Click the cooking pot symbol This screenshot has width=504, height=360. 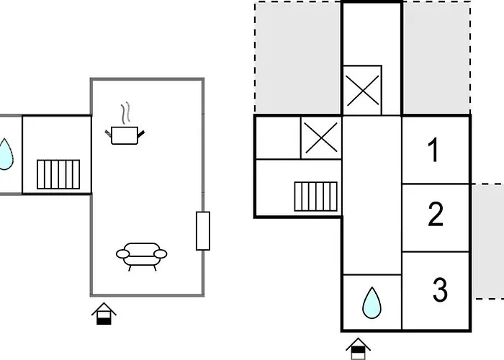(125, 135)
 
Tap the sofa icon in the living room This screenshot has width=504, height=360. (141, 256)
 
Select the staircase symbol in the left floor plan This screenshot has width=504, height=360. (58, 174)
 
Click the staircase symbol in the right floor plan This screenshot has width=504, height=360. (315, 197)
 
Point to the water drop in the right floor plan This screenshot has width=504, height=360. (372, 303)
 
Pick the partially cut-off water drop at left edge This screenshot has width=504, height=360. (6, 154)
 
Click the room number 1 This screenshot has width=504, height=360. (433, 150)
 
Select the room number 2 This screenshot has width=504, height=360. (436, 214)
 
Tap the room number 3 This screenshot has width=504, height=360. (440, 289)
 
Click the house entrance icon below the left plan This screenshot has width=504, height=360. (104, 313)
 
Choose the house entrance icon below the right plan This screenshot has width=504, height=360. (358, 348)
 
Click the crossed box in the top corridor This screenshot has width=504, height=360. (362, 90)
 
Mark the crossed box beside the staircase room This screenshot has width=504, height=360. (321, 138)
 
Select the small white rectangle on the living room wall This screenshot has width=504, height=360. (203, 231)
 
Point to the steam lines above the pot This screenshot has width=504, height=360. (126, 113)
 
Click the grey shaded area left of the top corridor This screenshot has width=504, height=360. (298, 58)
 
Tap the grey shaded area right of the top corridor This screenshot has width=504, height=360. (436, 58)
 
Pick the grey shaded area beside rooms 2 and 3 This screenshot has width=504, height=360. (488, 242)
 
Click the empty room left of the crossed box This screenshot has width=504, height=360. (279, 138)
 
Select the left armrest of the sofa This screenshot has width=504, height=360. (122, 254)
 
